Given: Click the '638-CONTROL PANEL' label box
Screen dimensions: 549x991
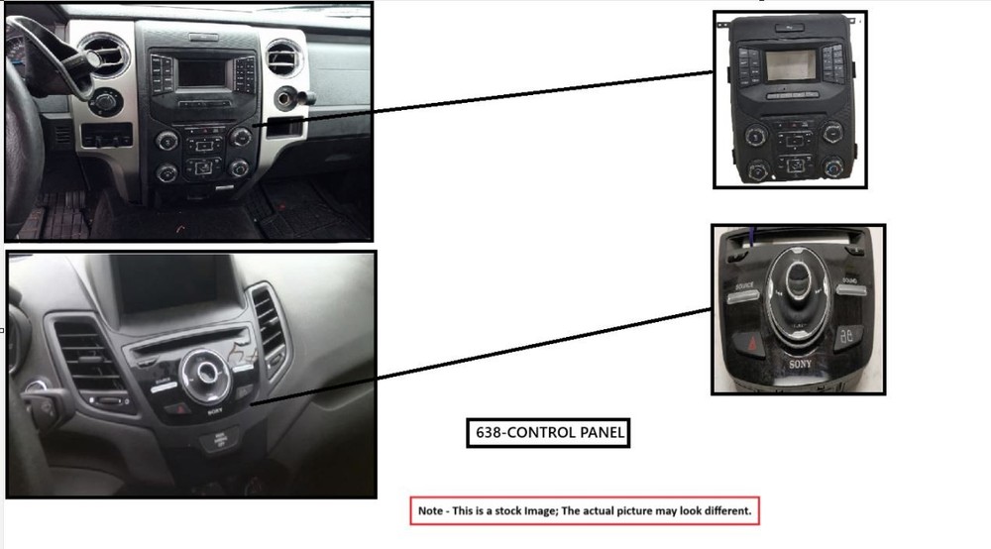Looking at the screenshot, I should pos(547,433).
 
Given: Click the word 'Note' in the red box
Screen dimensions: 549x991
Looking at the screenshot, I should pos(431,511).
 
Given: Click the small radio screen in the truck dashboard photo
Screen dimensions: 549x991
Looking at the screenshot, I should pos(200,72).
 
